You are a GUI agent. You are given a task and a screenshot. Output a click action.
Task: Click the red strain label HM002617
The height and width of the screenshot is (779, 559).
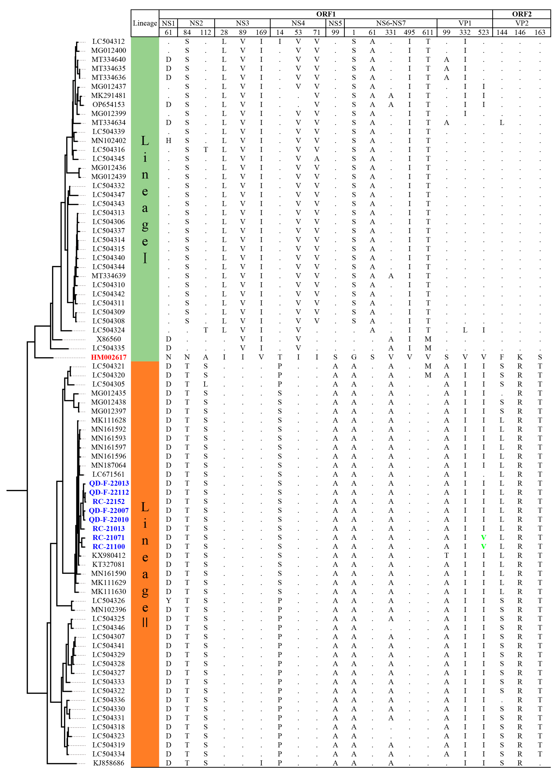109,357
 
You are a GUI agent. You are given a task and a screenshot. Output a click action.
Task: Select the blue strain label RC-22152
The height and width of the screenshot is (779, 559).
109,501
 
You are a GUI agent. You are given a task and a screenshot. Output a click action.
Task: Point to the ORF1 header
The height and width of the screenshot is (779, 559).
326,14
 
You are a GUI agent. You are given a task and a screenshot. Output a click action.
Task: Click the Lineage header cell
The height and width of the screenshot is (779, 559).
145,23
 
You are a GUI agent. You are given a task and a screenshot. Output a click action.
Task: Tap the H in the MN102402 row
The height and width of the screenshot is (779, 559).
168,141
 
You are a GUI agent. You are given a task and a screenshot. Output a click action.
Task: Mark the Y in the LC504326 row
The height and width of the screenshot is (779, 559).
168,601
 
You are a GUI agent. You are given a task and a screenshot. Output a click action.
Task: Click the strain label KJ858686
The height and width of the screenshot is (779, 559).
109,763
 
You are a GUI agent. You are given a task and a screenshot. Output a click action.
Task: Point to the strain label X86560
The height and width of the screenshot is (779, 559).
109,339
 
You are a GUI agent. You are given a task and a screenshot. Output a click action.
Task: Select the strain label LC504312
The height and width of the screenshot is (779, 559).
109,42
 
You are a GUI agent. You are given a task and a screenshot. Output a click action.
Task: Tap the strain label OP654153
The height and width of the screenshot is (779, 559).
109,104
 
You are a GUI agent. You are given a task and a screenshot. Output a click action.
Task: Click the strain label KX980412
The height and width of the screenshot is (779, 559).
109,555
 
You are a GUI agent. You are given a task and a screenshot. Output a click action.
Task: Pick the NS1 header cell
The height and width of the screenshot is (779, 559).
168,23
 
